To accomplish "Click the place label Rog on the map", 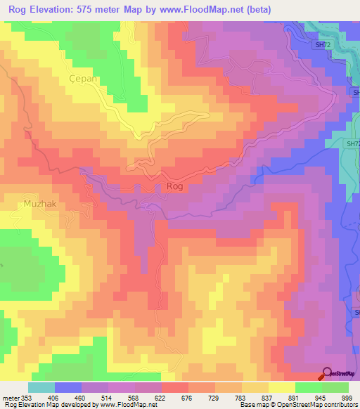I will (x=175, y=186).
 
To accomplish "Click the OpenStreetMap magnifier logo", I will (x=327, y=373).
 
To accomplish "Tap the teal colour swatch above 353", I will (x=41, y=387).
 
